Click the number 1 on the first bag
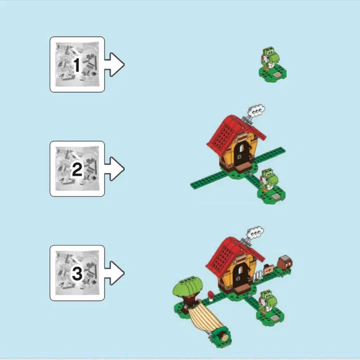point(77,65)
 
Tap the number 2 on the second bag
point(77,169)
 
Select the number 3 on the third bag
point(77,274)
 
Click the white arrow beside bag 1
point(114,64)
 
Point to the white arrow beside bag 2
point(114,169)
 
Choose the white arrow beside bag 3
point(114,273)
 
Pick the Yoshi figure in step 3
point(268,301)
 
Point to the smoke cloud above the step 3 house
point(255,232)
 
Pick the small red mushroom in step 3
point(211,296)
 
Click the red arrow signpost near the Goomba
point(268,270)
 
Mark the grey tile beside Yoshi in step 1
point(277,75)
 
